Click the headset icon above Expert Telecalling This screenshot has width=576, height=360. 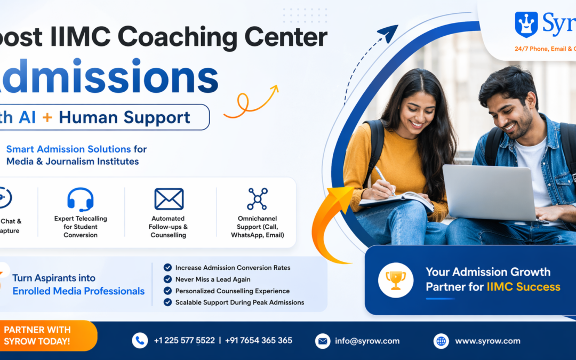click(81, 199)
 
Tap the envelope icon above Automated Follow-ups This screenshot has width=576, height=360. click(169, 199)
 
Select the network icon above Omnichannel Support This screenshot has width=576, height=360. click(257, 199)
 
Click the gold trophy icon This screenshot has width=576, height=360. click(396, 279)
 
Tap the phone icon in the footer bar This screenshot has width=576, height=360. click(140, 340)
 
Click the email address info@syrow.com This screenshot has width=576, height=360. click(367, 341)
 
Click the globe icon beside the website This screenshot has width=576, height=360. click(441, 341)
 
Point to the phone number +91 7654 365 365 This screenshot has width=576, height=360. click(259, 340)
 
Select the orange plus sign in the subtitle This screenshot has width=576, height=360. click(47, 117)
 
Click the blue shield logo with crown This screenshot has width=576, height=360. click(526, 25)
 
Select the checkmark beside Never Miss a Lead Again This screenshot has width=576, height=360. click(167, 279)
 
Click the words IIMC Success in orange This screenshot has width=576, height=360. click(523, 287)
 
